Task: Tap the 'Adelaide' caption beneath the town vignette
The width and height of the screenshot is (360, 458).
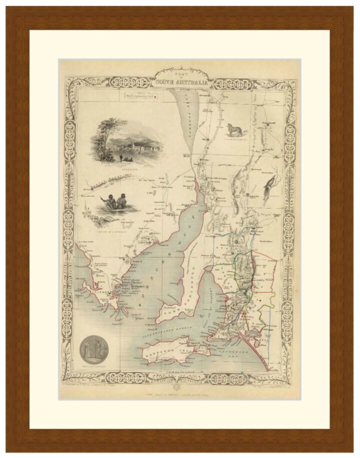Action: pyautogui.click(x=127, y=169)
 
